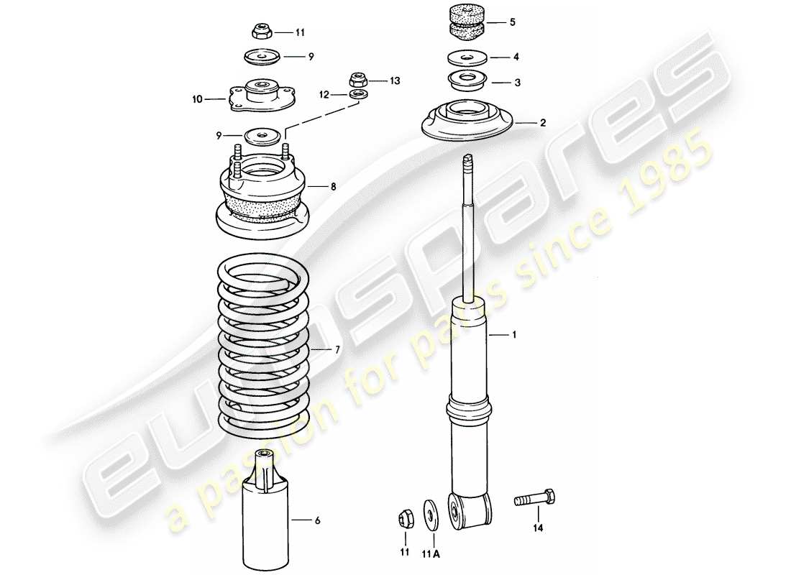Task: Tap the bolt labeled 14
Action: (x=535, y=499)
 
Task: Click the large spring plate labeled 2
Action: (x=467, y=123)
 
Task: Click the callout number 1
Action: (x=513, y=335)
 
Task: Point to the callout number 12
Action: (x=324, y=94)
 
